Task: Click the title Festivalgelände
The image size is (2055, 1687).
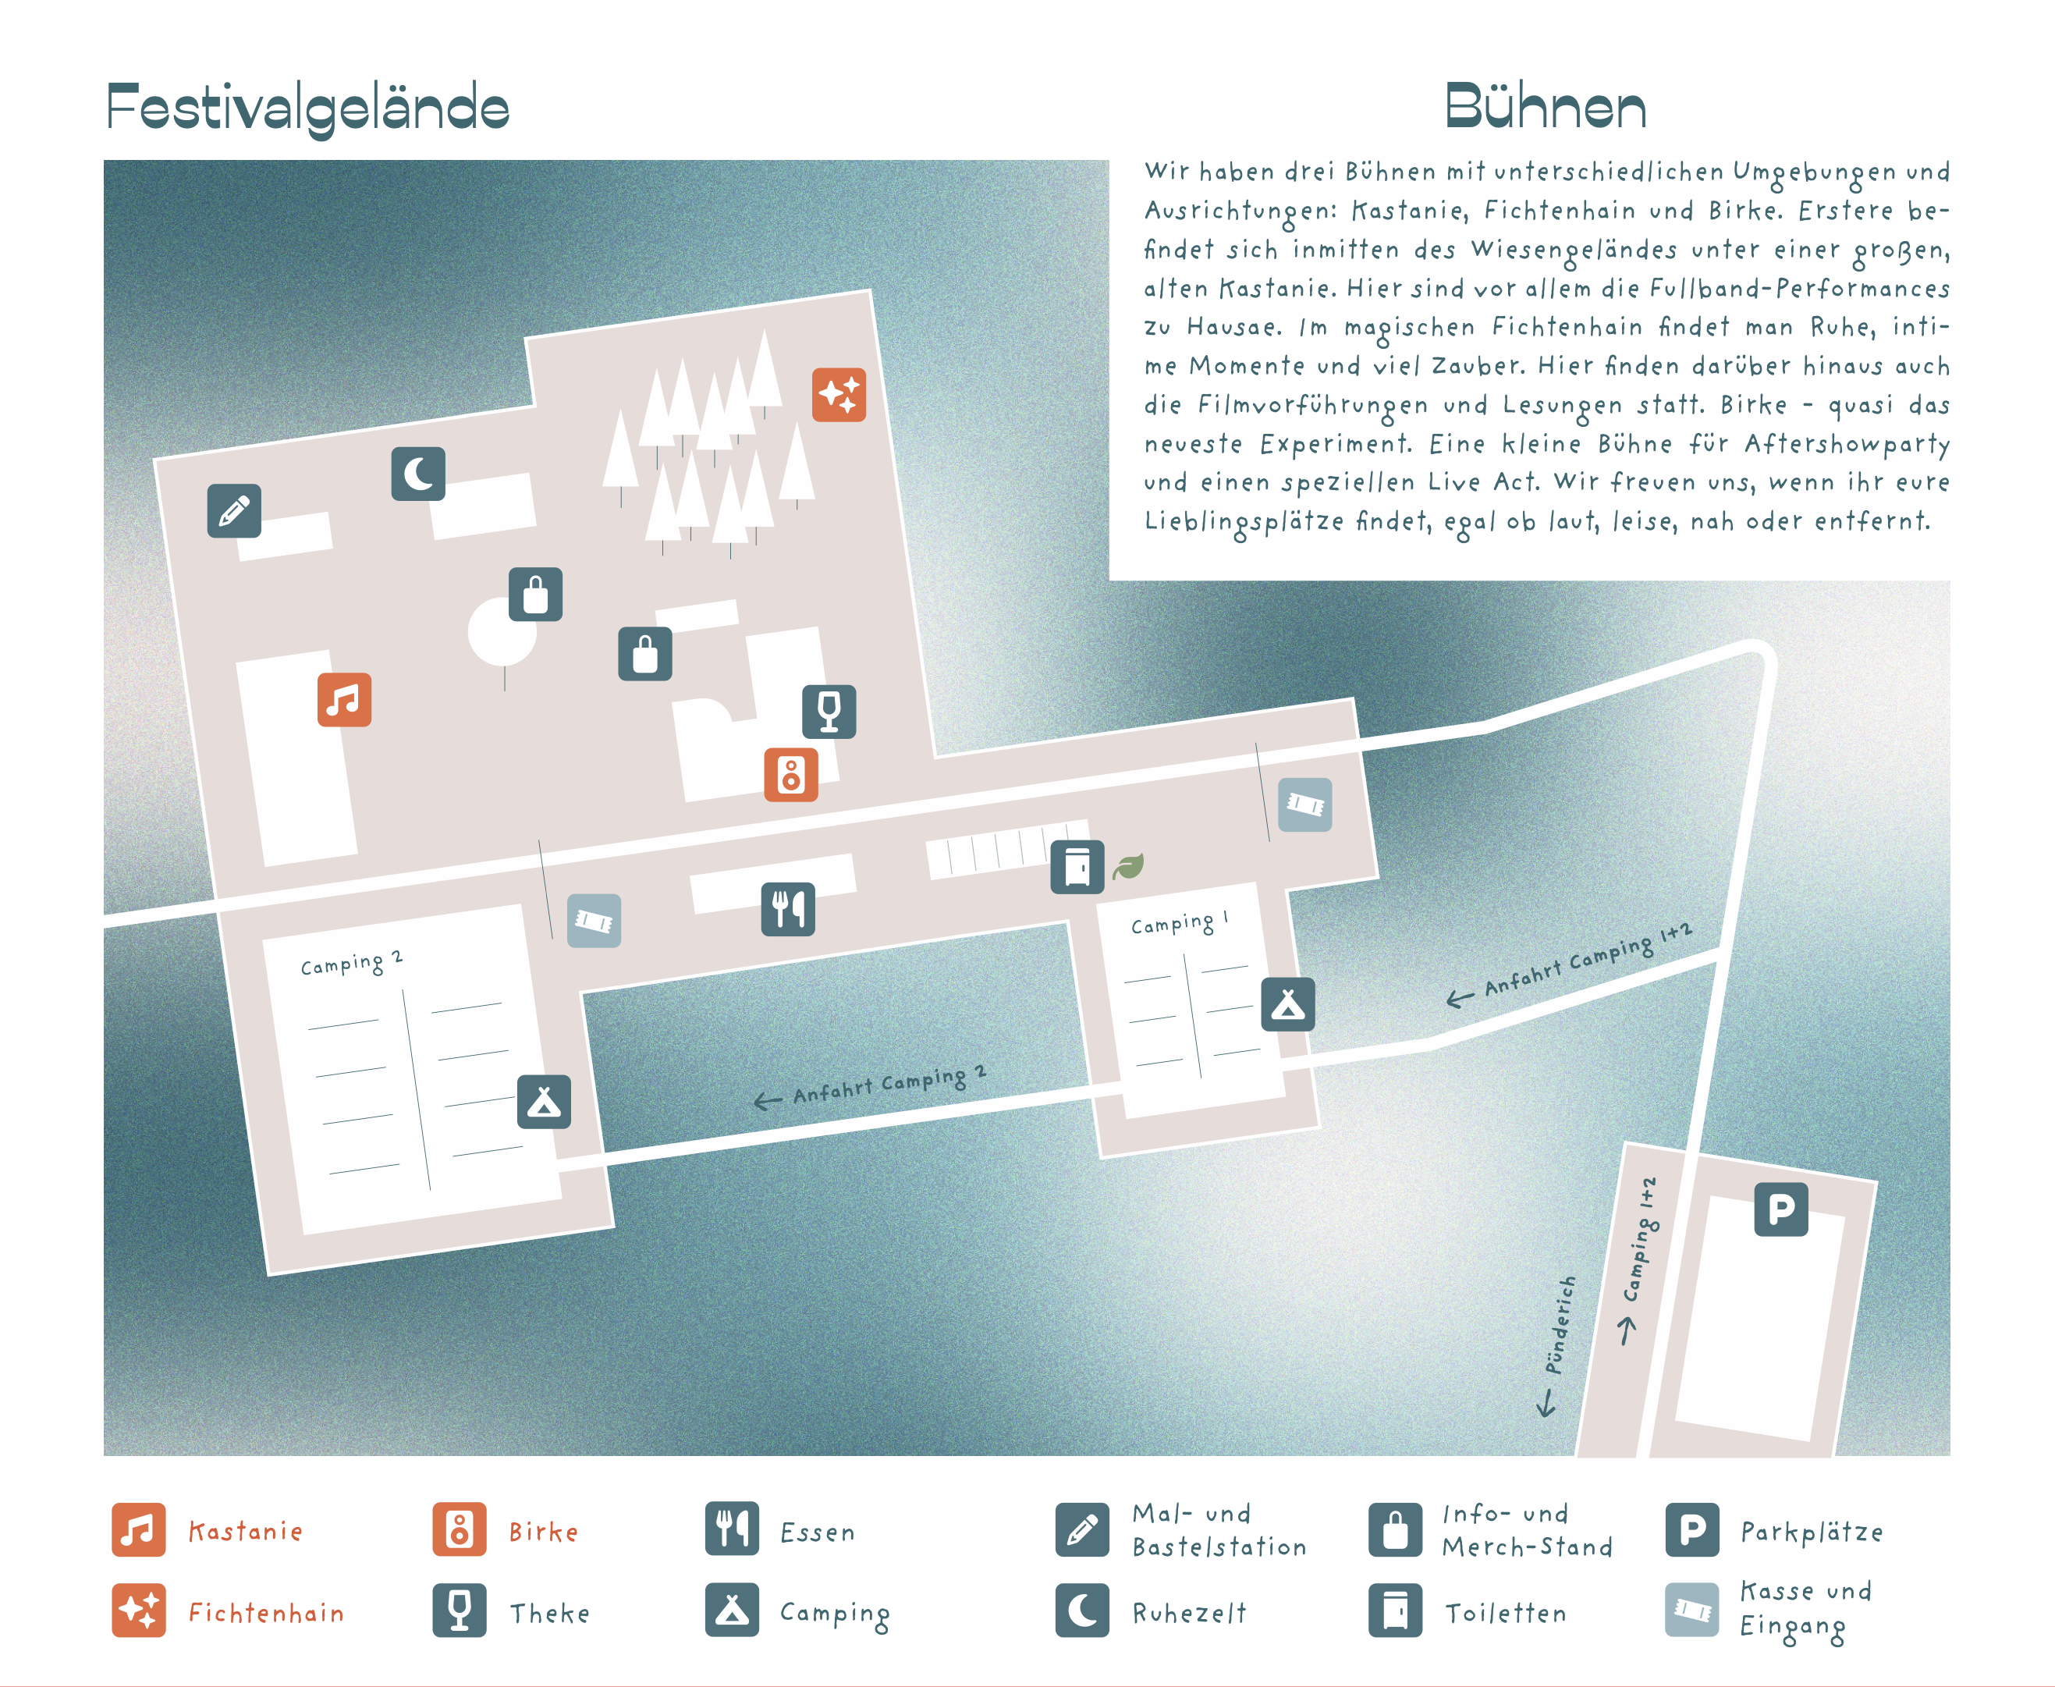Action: click(x=308, y=108)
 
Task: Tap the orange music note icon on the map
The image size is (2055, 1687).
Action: click(x=344, y=700)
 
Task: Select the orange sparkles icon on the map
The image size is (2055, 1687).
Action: click(x=839, y=395)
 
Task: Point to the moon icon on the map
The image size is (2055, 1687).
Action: click(x=418, y=474)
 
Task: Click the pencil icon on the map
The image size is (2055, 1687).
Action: click(x=234, y=511)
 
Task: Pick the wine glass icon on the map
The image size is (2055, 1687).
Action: click(x=829, y=712)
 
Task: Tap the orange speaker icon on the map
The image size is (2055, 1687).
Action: click(x=791, y=775)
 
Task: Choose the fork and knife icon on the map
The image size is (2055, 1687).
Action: click(x=788, y=908)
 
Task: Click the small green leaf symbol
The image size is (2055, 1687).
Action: click(x=1128, y=866)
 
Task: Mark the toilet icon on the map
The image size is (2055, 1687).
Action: click(x=1077, y=867)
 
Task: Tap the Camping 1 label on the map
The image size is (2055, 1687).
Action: click(x=1180, y=922)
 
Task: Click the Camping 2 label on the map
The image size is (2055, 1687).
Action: click(x=351, y=963)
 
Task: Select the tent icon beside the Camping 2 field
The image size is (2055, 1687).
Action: click(x=544, y=1102)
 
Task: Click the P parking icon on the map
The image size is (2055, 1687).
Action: click(x=1781, y=1209)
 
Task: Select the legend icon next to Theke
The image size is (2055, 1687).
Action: click(x=460, y=1611)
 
